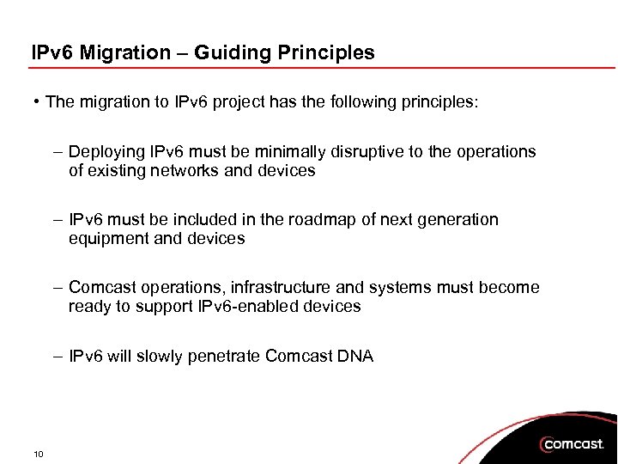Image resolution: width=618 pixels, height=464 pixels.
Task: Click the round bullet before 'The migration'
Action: (36, 102)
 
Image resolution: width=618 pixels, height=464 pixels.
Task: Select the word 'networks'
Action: (185, 170)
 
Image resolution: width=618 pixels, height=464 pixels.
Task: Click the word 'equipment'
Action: (105, 238)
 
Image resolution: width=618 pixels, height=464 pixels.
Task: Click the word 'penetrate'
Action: (228, 356)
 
